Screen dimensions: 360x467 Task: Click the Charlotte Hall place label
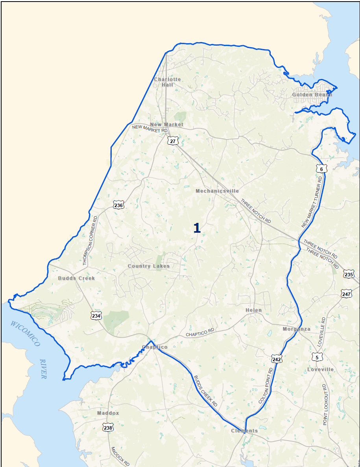point(168,82)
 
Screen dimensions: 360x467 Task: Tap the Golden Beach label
point(312,95)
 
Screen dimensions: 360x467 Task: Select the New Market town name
point(167,125)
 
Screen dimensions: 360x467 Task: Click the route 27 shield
point(172,141)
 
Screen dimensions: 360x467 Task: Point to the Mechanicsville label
point(217,191)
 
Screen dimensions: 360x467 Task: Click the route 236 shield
point(118,205)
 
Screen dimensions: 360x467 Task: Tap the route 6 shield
point(321,169)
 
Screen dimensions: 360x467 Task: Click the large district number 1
point(197,228)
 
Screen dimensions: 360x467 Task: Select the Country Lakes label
point(149,266)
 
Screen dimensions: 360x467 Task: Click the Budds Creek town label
point(76,278)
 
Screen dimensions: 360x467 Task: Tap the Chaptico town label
point(155,347)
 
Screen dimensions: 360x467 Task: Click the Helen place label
point(253,310)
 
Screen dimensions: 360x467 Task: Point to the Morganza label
point(296,329)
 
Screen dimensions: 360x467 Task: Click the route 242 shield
point(276,359)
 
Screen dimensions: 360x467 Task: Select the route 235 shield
point(349,274)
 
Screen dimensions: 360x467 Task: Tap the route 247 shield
point(346,294)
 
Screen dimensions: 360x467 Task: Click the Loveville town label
point(320,370)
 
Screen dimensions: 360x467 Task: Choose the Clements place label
point(244,431)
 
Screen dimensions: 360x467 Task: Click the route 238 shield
point(108,427)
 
